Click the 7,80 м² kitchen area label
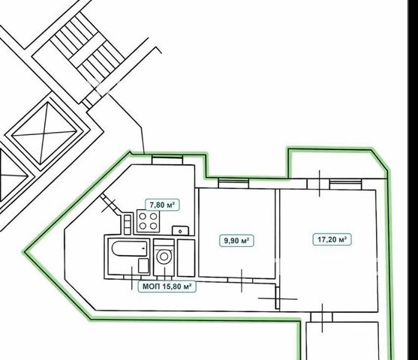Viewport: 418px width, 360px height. [x=162, y=205]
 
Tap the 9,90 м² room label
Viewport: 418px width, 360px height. [x=236, y=241]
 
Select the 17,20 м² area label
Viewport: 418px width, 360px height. [x=332, y=239]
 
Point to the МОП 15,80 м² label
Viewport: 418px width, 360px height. [x=167, y=286]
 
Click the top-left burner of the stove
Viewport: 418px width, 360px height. [x=143, y=216]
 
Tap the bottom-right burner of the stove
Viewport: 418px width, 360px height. [x=153, y=226]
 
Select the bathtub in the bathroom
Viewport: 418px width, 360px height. [x=130, y=248]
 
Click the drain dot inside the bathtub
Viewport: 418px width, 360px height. [x=144, y=248]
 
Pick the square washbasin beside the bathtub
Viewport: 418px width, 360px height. [x=143, y=265]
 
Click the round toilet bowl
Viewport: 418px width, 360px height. [x=164, y=256]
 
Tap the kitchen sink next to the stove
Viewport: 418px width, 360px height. [x=180, y=230]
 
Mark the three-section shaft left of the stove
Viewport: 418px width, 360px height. [x=128, y=224]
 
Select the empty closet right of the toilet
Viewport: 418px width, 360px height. [x=186, y=258]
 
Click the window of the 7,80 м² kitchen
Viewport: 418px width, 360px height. [x=167, y=160]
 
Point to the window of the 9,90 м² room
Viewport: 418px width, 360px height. [x=233, y=183]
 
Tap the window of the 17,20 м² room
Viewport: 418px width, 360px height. [x=345, y=184]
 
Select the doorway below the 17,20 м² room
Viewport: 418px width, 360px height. [x=321, y=317]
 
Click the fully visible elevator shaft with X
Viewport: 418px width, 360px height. [x=44, y=133]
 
